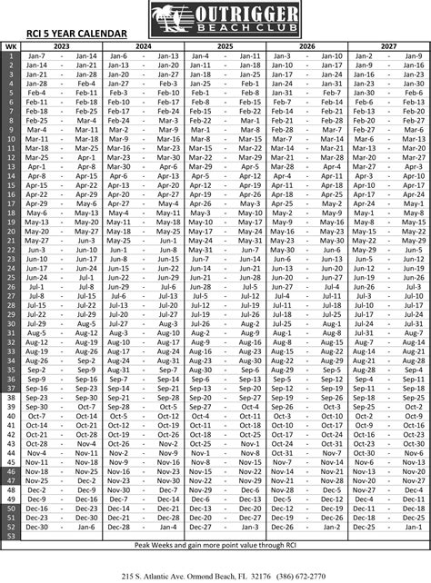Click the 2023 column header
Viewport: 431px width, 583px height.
(x=62, y=45)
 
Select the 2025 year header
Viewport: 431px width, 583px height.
(x=225, y=45)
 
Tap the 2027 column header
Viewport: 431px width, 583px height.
(x=387, y=45)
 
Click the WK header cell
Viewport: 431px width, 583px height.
(x=10, y=45)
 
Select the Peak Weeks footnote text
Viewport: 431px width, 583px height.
(x=215, y=545)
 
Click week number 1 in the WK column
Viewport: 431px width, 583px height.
(x=10, y=55)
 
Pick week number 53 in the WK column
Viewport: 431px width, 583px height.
(x=10, y=536)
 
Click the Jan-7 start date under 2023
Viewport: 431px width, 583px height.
(x=37, y=55)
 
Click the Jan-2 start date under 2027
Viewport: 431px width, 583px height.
(x=363, y=55)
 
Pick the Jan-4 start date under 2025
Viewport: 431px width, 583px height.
(x=200, y=55)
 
